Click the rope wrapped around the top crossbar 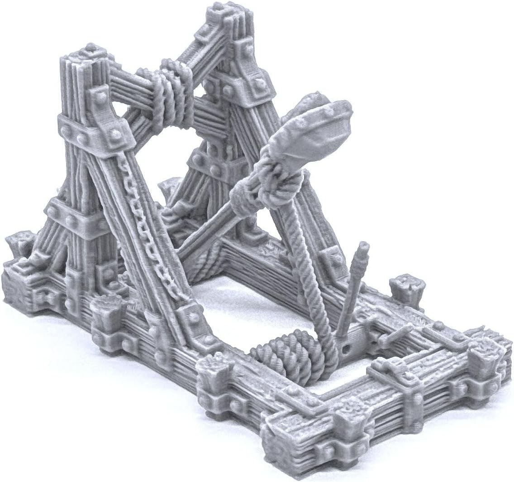[174, 91]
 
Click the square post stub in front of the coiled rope [217, 371]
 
